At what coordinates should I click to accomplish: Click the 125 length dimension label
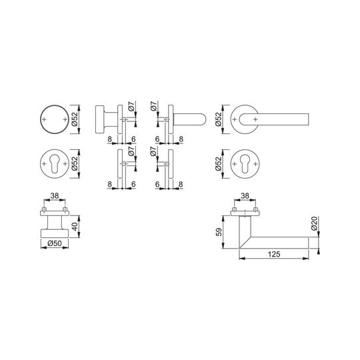point(274,254)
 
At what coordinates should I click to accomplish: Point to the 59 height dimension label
point(219,231)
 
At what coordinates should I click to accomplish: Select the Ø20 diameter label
point(314,223)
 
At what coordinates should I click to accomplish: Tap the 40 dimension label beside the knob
point(75,226)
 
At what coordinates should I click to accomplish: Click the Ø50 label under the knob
point(55,243)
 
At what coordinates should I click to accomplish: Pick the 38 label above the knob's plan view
point(55,196)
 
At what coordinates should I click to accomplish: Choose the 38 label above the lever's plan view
point(245,196)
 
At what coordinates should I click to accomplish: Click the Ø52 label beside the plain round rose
point(75,119)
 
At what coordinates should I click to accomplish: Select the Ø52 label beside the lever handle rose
point(219,119)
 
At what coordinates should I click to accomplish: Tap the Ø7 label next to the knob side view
point(131,106)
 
